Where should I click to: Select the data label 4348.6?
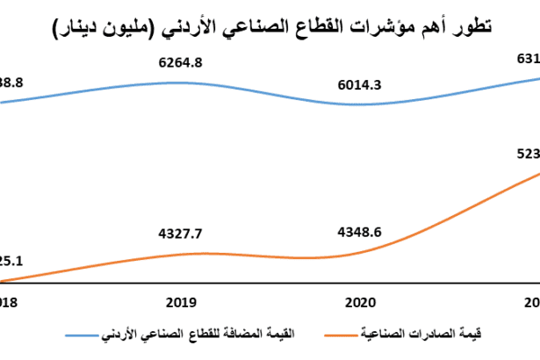360,234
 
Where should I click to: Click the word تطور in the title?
474,28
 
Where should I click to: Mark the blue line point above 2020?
360,104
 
